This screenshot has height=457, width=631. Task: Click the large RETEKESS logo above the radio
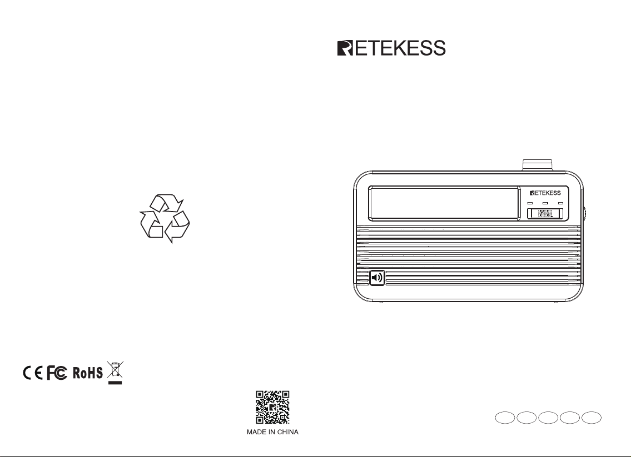(x=391, y=48)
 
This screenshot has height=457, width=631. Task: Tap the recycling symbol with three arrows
(x=164, y=219)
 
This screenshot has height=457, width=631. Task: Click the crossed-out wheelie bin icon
(x=115, y=371)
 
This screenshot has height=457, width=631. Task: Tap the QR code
(x=272, y=408)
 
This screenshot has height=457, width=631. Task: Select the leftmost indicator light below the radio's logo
(x=530, y=204)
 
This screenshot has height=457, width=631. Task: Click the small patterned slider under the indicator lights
(x=545, y=213)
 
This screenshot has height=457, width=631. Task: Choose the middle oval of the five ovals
(x=549, y=418)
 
